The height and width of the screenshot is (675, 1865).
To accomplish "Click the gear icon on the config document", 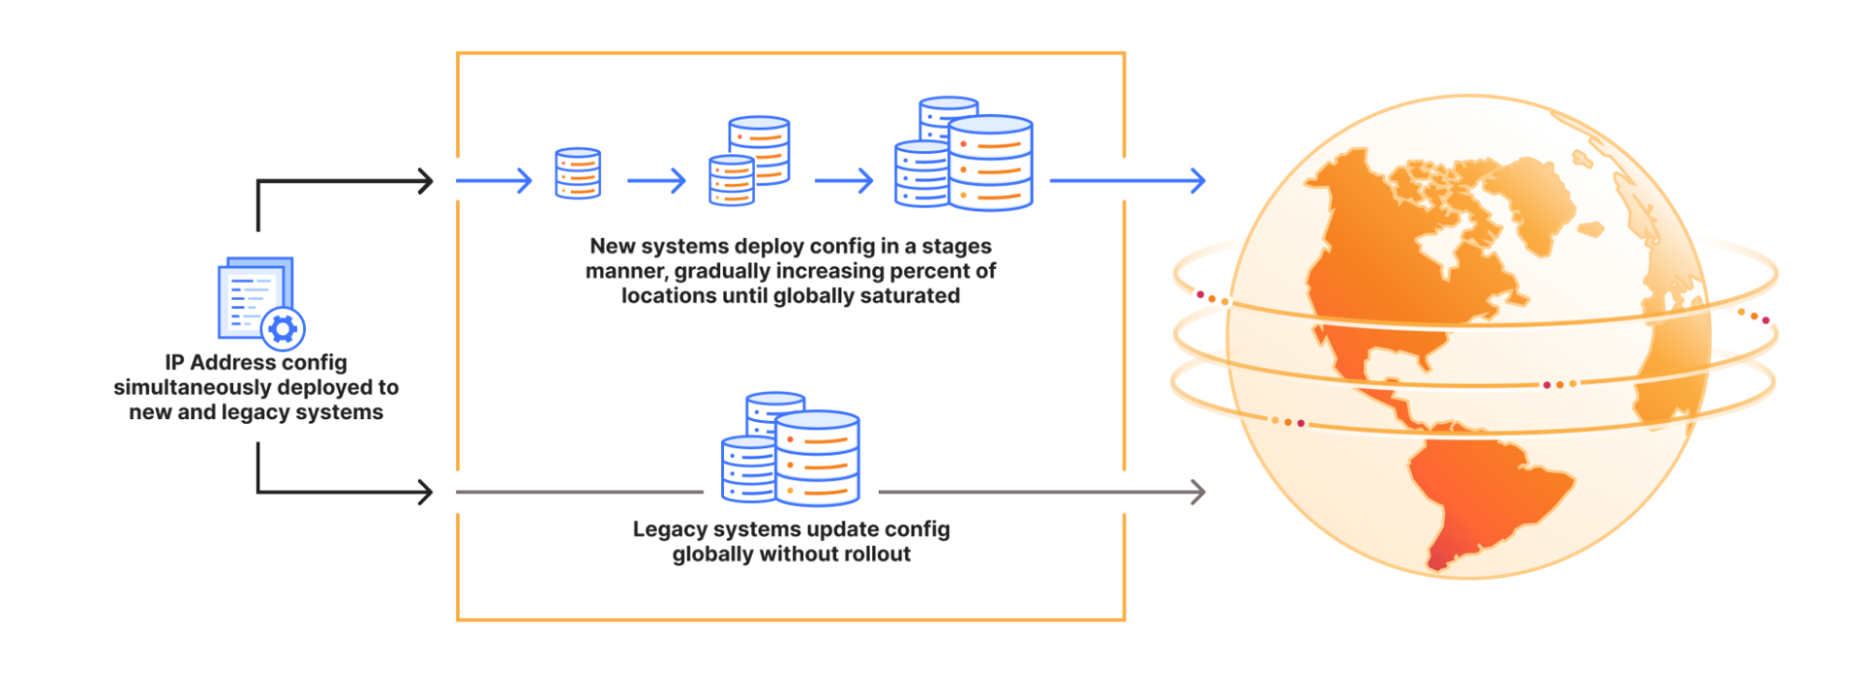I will click(283, 328).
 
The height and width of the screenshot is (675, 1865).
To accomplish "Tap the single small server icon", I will click(578, 173).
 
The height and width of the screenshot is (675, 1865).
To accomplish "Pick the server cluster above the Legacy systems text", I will click(791, 450).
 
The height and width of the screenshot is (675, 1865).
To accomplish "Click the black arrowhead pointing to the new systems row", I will click(425, 181).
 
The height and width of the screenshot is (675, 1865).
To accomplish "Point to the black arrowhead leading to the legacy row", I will click(425, 492).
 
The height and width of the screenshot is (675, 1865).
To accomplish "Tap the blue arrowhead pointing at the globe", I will click(1198, 181).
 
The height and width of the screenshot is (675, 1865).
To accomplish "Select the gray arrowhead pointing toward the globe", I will click(1198, 492).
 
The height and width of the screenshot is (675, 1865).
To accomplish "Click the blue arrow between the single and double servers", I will click(657, 181).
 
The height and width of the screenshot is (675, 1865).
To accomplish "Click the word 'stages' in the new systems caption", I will click(956, 246).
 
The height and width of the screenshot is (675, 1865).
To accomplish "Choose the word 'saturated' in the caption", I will click(912, 296).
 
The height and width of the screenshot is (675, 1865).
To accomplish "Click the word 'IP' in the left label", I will click(174, 362).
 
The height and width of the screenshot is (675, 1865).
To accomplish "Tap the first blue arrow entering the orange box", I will click(494, 181).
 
